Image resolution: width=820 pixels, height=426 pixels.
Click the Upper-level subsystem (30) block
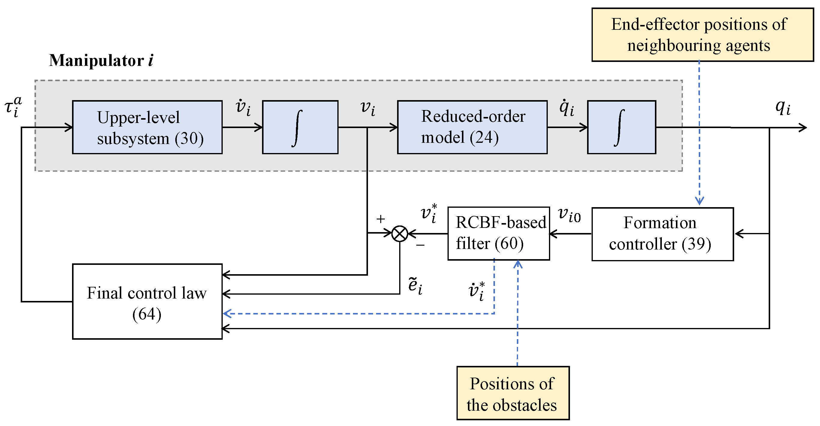(x=147, y=127)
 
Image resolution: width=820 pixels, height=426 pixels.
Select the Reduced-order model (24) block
(x=472, y=127)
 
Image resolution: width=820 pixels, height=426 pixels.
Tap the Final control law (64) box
(x=147, y=301)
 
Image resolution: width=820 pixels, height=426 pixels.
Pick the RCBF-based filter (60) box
(x=499, y=233)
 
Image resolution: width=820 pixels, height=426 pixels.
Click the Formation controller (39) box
(x=662, y=234)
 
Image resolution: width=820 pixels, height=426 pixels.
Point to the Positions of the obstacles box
(x=513, y=393)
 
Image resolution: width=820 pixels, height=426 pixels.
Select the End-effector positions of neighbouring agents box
(x=703, y=35)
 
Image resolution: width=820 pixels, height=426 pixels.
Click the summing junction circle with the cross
(x=399, y=234)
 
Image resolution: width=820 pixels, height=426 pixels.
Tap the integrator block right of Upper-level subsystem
(x=300, y=127)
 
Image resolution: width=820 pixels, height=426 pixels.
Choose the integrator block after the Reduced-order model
(x=621, y=127)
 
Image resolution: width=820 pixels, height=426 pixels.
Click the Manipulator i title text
(x=101, y=60)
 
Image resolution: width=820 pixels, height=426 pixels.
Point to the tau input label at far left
(x=14, y=107)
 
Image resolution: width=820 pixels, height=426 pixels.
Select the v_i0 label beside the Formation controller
(x=569, y=215)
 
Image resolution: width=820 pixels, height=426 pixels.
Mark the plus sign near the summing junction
(x=380, y=219)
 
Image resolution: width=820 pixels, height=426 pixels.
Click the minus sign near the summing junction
(x=420, y=245)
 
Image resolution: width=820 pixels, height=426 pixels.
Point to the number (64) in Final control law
(x=147, y=314)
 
